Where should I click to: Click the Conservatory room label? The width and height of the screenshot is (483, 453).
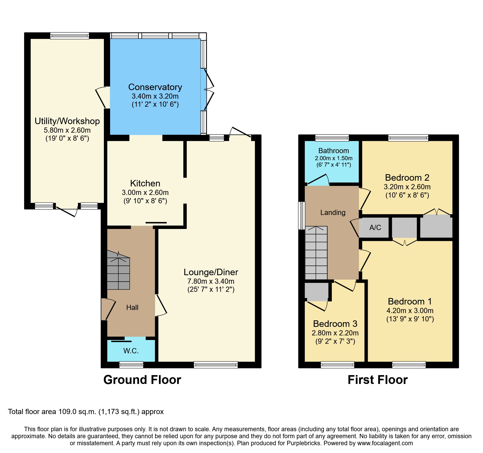[x=155, y=87]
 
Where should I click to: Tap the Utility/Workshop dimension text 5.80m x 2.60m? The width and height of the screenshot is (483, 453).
[x=67, y=130]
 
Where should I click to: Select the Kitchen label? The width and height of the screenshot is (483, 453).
[x=145, y=183]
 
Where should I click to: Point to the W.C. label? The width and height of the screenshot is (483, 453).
[x=131, y=351]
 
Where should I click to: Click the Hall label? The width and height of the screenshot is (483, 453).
[x=132, y=307]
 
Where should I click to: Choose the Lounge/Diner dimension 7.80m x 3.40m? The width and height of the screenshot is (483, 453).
[x=211, y=281]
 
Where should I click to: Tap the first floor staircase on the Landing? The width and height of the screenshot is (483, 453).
[x=316, y=253]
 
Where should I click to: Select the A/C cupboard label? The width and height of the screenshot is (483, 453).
[x=375, y=227]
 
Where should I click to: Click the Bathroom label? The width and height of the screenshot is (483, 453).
[x=333, y=151]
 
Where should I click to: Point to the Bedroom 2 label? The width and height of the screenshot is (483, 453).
[x=407, y=178]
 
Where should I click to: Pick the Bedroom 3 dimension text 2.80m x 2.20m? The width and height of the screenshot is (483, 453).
[x=335, y=333]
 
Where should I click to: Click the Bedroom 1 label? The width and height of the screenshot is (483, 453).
[x=410, y=301]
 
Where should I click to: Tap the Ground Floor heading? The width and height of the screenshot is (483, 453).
[x=142, y=380]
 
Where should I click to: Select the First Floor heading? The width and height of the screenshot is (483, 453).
[x=377, y=380]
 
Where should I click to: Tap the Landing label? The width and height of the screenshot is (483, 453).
[x=333, y=212]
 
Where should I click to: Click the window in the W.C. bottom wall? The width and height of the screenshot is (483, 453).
[x=131, y=365]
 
